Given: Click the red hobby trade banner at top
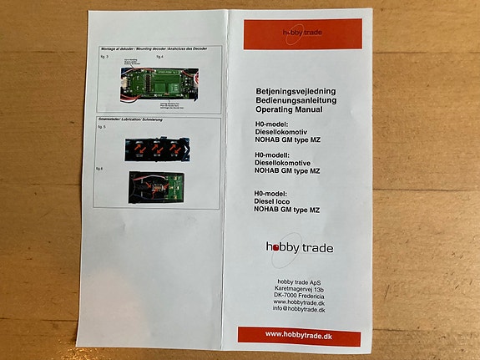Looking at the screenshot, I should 303,34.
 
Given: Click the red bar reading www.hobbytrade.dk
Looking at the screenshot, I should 299,335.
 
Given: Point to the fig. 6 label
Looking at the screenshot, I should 101,168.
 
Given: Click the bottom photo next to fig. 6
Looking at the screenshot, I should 151,186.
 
